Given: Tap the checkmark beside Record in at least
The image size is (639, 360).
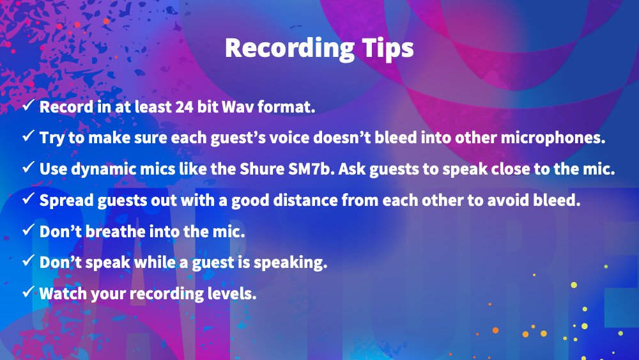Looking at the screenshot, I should click(x=28, y=106).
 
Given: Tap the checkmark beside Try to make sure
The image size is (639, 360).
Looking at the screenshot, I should click(x=28, y=137).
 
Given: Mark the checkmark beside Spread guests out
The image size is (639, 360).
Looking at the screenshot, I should click(x=28, y=200).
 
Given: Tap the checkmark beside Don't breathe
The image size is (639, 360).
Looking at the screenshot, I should click(x=28, y=231).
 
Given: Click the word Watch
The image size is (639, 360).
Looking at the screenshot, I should click(x=61, y=293).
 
